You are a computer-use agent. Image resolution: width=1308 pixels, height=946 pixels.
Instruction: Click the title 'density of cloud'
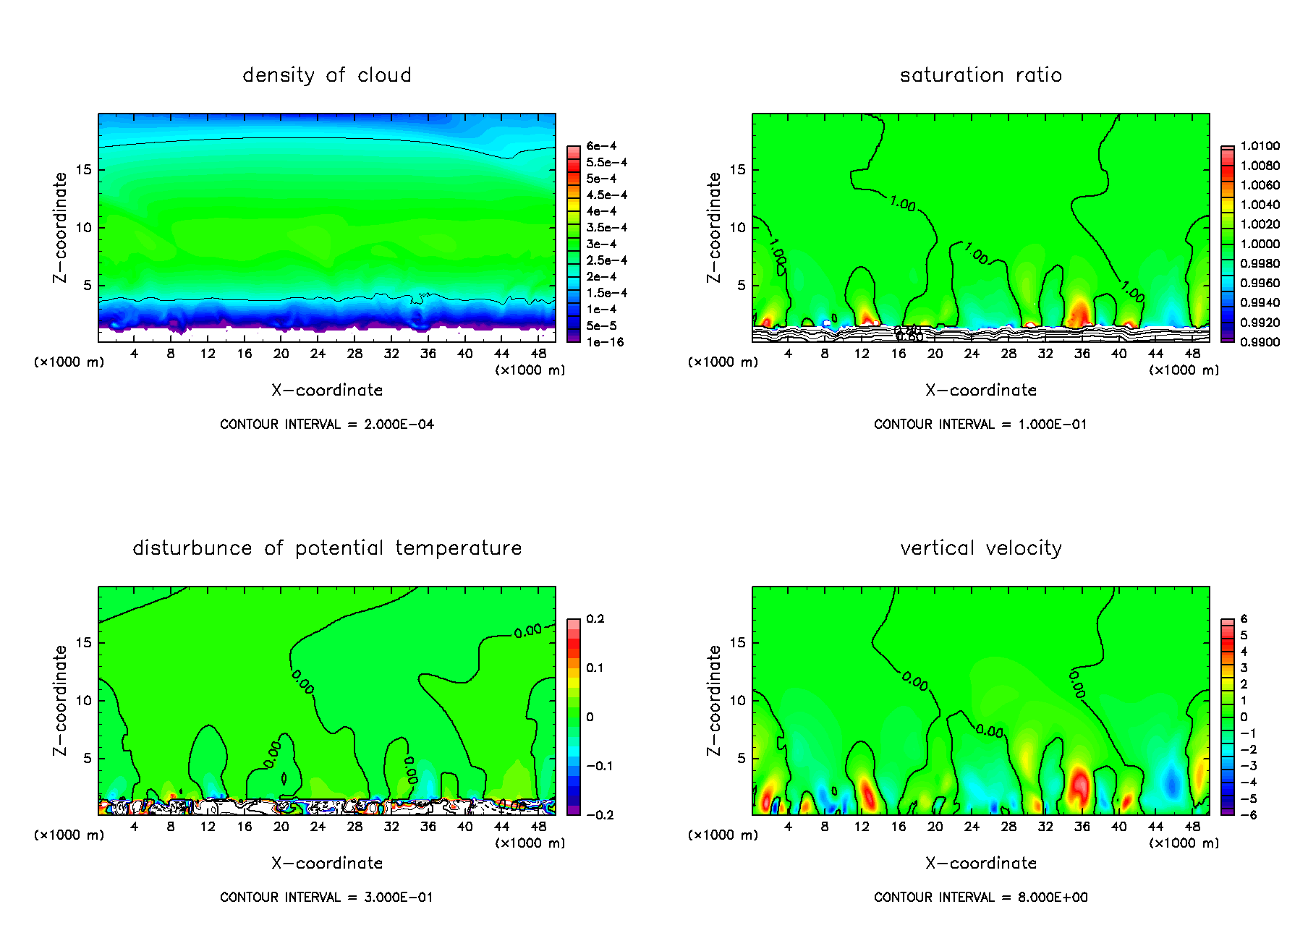point(327,75)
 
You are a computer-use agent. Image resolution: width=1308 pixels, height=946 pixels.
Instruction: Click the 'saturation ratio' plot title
point(980,75)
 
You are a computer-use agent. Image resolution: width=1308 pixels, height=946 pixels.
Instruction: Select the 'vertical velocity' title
point(980,548)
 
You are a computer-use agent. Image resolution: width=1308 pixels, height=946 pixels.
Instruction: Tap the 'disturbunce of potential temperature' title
point(327,548)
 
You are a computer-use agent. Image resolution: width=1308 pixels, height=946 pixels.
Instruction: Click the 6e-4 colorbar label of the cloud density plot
point(601,146)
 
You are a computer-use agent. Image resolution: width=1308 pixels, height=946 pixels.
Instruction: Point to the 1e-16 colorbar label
point(605,342)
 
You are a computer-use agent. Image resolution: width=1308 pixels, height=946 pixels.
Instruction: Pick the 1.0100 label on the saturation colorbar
point(1260,146)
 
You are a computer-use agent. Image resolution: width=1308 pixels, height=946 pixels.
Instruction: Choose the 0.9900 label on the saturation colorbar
point(1260,342)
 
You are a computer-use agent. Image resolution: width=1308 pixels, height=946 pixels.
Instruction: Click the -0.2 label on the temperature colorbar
point(600,815)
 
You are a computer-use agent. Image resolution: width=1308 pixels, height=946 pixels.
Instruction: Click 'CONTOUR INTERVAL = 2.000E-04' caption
point(327,425)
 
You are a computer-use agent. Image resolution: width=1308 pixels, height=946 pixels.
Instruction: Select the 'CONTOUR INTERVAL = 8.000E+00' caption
point(980,898)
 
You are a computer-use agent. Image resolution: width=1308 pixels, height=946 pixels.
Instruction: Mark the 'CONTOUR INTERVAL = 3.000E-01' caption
point(327,898)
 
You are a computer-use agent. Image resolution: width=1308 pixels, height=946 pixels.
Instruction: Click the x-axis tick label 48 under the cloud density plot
point(538,354)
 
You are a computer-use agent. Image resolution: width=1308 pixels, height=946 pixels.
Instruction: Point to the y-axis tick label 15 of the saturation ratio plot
point(737,170)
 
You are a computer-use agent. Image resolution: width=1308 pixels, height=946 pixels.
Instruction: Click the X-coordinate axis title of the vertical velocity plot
point(980,863)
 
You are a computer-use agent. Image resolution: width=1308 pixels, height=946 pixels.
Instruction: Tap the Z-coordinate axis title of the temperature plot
point(60,700)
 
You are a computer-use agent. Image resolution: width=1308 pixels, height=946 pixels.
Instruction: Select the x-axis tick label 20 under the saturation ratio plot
point(935,354)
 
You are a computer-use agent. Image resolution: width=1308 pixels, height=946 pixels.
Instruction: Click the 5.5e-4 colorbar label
point(606,163)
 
